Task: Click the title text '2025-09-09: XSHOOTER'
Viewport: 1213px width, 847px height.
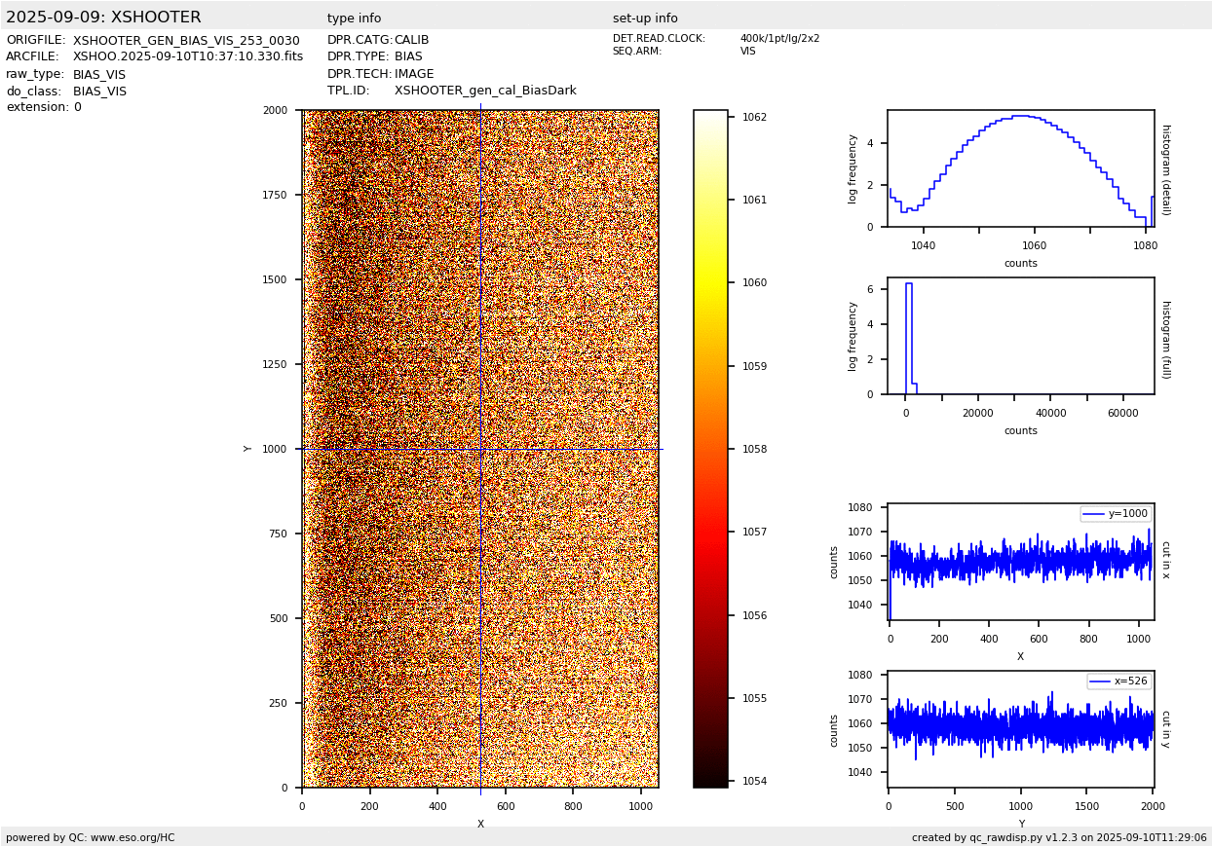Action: point(103,18)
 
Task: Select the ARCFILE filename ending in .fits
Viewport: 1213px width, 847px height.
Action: point(188,56)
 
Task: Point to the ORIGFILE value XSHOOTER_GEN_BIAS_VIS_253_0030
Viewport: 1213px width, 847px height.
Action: point(186,41)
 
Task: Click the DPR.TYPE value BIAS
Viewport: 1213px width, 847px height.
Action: point(408,56)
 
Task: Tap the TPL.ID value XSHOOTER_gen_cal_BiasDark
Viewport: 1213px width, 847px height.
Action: point(485,91)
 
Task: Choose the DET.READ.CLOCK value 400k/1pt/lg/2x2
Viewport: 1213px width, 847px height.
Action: point(779,38)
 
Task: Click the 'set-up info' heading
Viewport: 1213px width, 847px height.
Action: point(645,18)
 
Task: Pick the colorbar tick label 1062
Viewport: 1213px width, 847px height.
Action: point(754,117)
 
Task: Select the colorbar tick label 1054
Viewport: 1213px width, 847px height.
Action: point(754,781)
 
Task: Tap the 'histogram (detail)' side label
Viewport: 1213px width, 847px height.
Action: point(1166,170)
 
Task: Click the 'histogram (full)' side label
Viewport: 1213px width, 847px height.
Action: point(1166,340)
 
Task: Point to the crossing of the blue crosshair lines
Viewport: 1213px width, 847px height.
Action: point(481,449)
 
